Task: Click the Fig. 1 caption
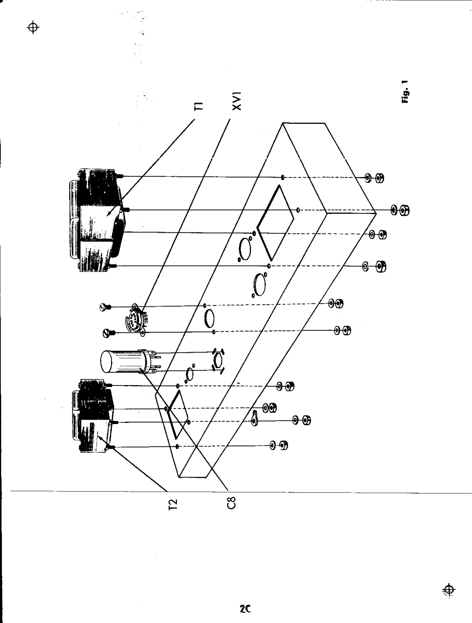[405, 92]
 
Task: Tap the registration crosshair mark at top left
[34, 28]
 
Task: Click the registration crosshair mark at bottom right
[450, 590]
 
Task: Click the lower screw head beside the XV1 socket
[107, 333]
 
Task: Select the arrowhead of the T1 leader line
[108, 215]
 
